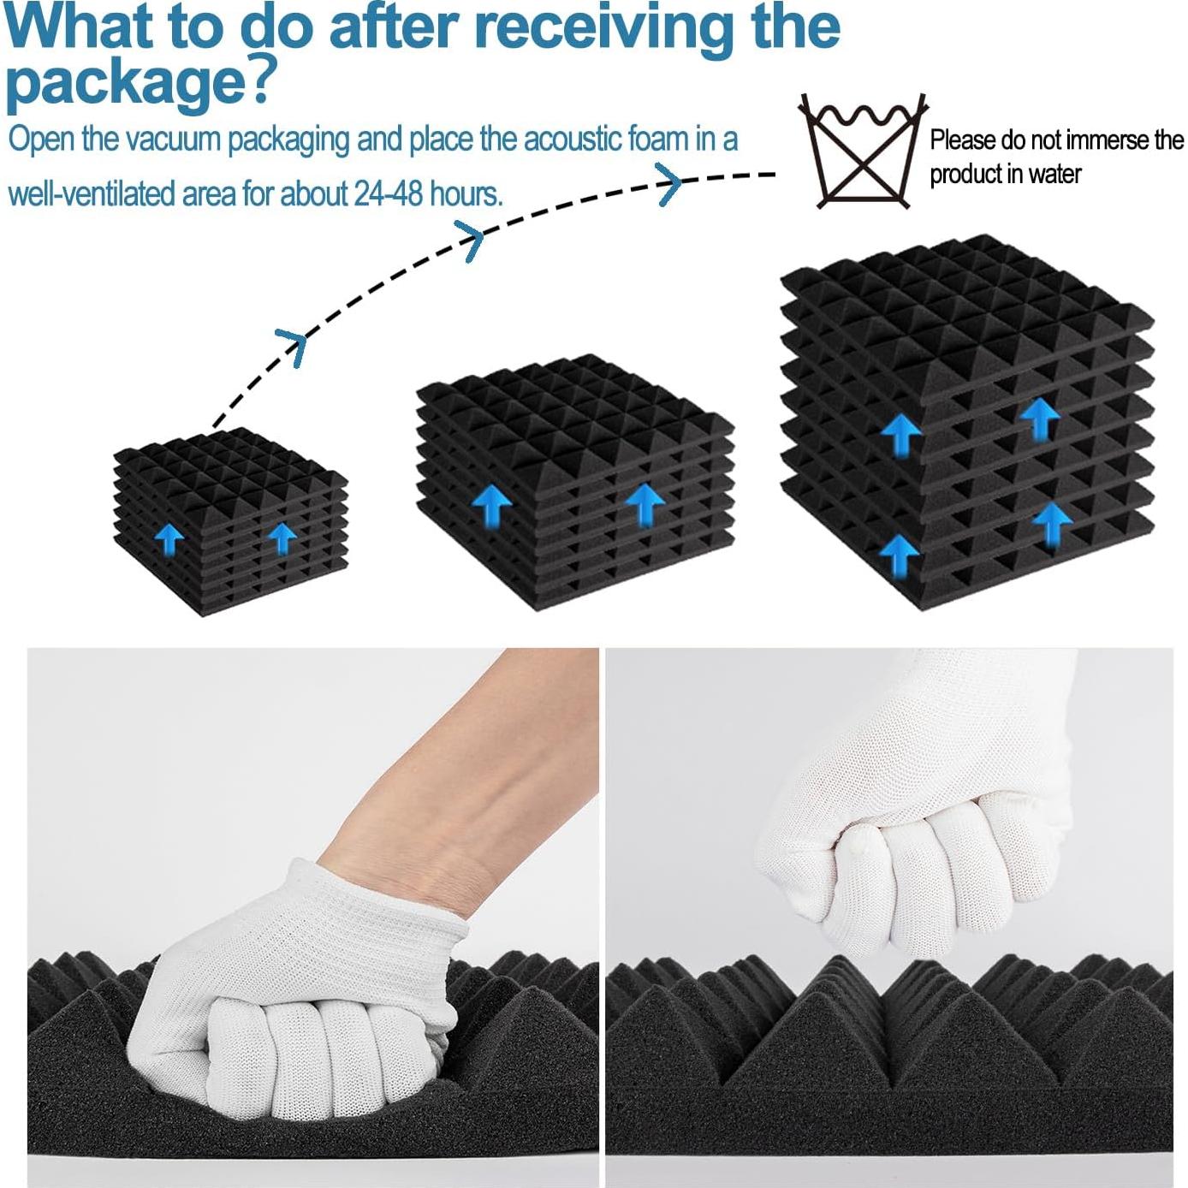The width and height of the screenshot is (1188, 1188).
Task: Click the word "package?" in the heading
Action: [x=141, y=82]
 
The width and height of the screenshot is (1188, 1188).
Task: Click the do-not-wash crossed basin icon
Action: [x=862, y=151]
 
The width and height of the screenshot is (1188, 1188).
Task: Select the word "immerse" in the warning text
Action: [x=1090, y=140]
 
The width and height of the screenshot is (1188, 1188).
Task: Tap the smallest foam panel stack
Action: [x=230, y=521]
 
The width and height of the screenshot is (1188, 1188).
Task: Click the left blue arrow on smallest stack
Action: [x=169, y=538]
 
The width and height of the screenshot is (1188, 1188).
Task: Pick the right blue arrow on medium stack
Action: [x=645, y=505]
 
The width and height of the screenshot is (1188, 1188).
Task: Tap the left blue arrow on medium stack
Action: [x=491, y=506]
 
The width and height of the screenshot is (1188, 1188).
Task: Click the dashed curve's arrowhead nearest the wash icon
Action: [x=670, y=183]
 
